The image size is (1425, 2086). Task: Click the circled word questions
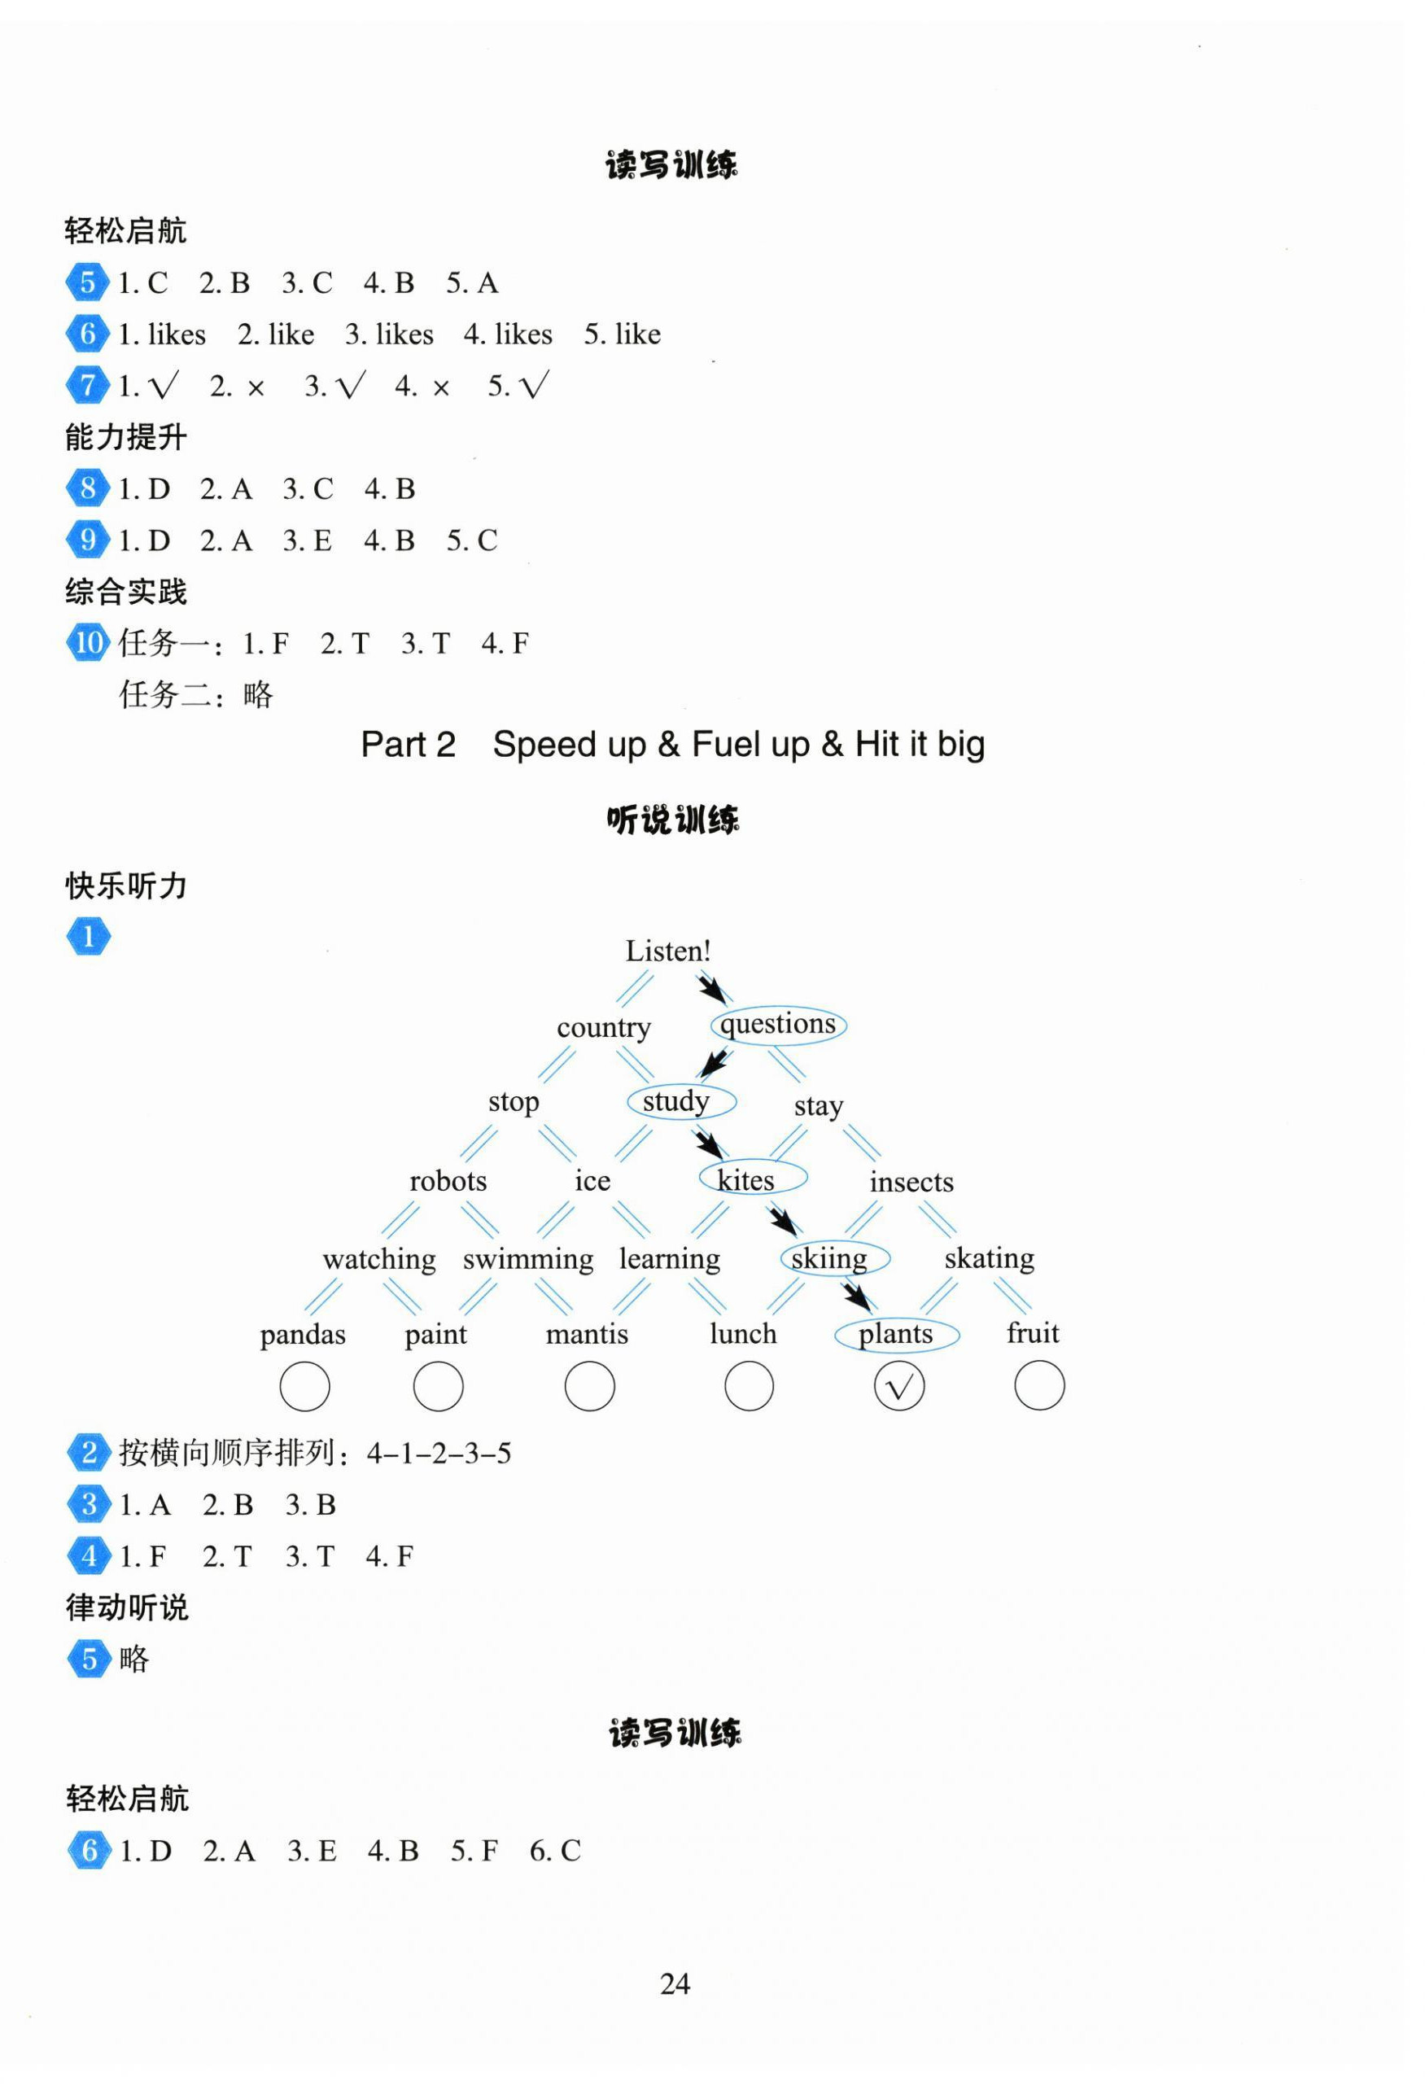click(778, 1024)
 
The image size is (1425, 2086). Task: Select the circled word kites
click(751, 1179)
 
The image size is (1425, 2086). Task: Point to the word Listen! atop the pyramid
click(667, 951)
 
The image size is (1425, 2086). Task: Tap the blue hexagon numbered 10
click(88, 643)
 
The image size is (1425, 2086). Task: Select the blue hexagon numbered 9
click(87, 540)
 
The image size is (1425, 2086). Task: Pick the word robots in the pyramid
click(448, 1181)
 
